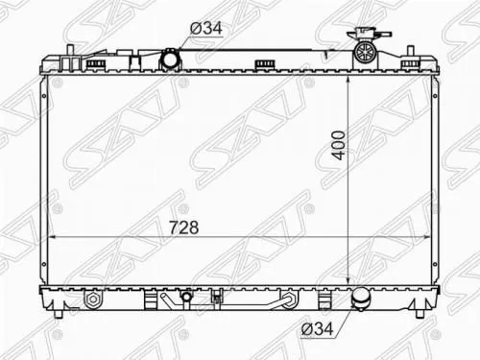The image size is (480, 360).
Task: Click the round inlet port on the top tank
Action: pyautogui.click(x=171, y=60)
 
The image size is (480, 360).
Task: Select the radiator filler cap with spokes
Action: pyautogui.click(x=366, y=49)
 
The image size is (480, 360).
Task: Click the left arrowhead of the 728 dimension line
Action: pyautogui.click(x=51, y=238)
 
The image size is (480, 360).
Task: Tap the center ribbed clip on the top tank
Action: pyautogui.click(x=261, y=65)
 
